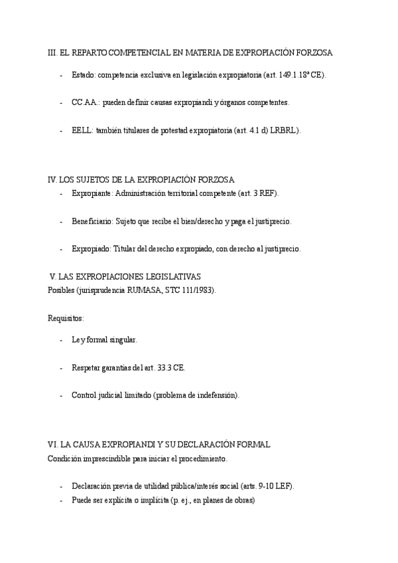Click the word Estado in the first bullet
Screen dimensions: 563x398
(x=82, y=76)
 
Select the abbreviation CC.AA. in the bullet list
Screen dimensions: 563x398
(x=84, y=103)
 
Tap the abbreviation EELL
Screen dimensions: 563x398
(x=82, y=131)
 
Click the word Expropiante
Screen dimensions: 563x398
(x=92, y=194)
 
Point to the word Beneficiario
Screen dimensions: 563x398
(x=92, y=221)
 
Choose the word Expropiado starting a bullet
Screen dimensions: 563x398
(x=92, y=249)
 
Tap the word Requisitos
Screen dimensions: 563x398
(x=66, y=319)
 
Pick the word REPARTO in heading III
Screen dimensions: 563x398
(x=91, y=52)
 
